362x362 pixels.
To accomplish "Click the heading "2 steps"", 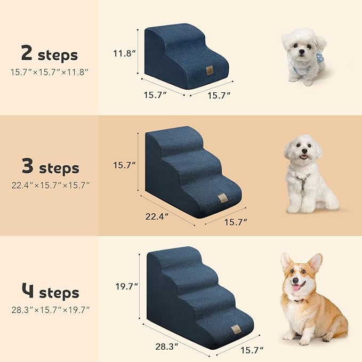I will (49, 54).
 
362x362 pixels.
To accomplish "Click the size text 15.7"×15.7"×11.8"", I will (49, 71).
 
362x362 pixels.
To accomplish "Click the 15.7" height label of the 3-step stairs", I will (125, 166).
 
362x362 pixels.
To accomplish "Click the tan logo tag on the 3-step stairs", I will (220, 199).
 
